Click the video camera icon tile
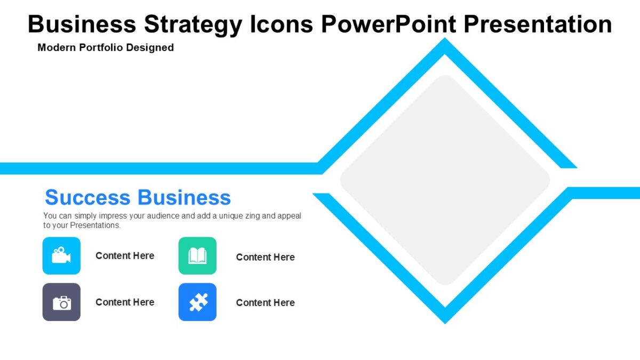pyautogui.click(x=61, y=255)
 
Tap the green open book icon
pyautogui.click(x=197, y=255)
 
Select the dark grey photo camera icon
pyautogui.click(x=61, y=302)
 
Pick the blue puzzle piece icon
pyautogui.click(x=197, y=302)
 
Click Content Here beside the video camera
pyautogui.click(x=125, y=255)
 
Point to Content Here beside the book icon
pyautogui.click(x=265, y=257)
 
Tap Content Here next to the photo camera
pyautogui.click(x=125, y=302)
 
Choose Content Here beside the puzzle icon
pyautogui.click(x=265, y=302)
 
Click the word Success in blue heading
pyautogui.click(x=87, y=197)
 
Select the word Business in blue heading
pyautogui.click(x=184, y=197)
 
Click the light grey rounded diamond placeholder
pyautogui.click(x=445, y=180)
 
